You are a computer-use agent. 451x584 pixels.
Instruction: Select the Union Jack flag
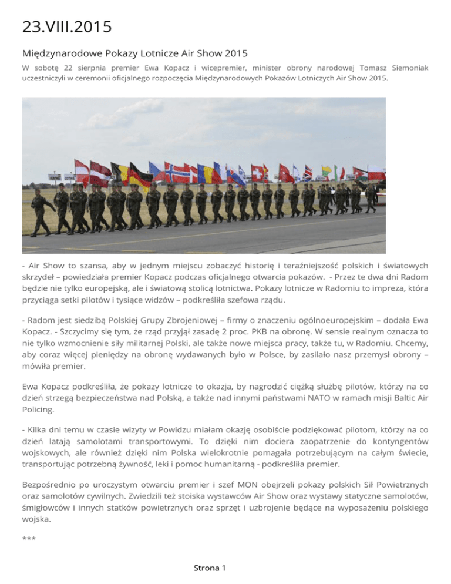point(307,172)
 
